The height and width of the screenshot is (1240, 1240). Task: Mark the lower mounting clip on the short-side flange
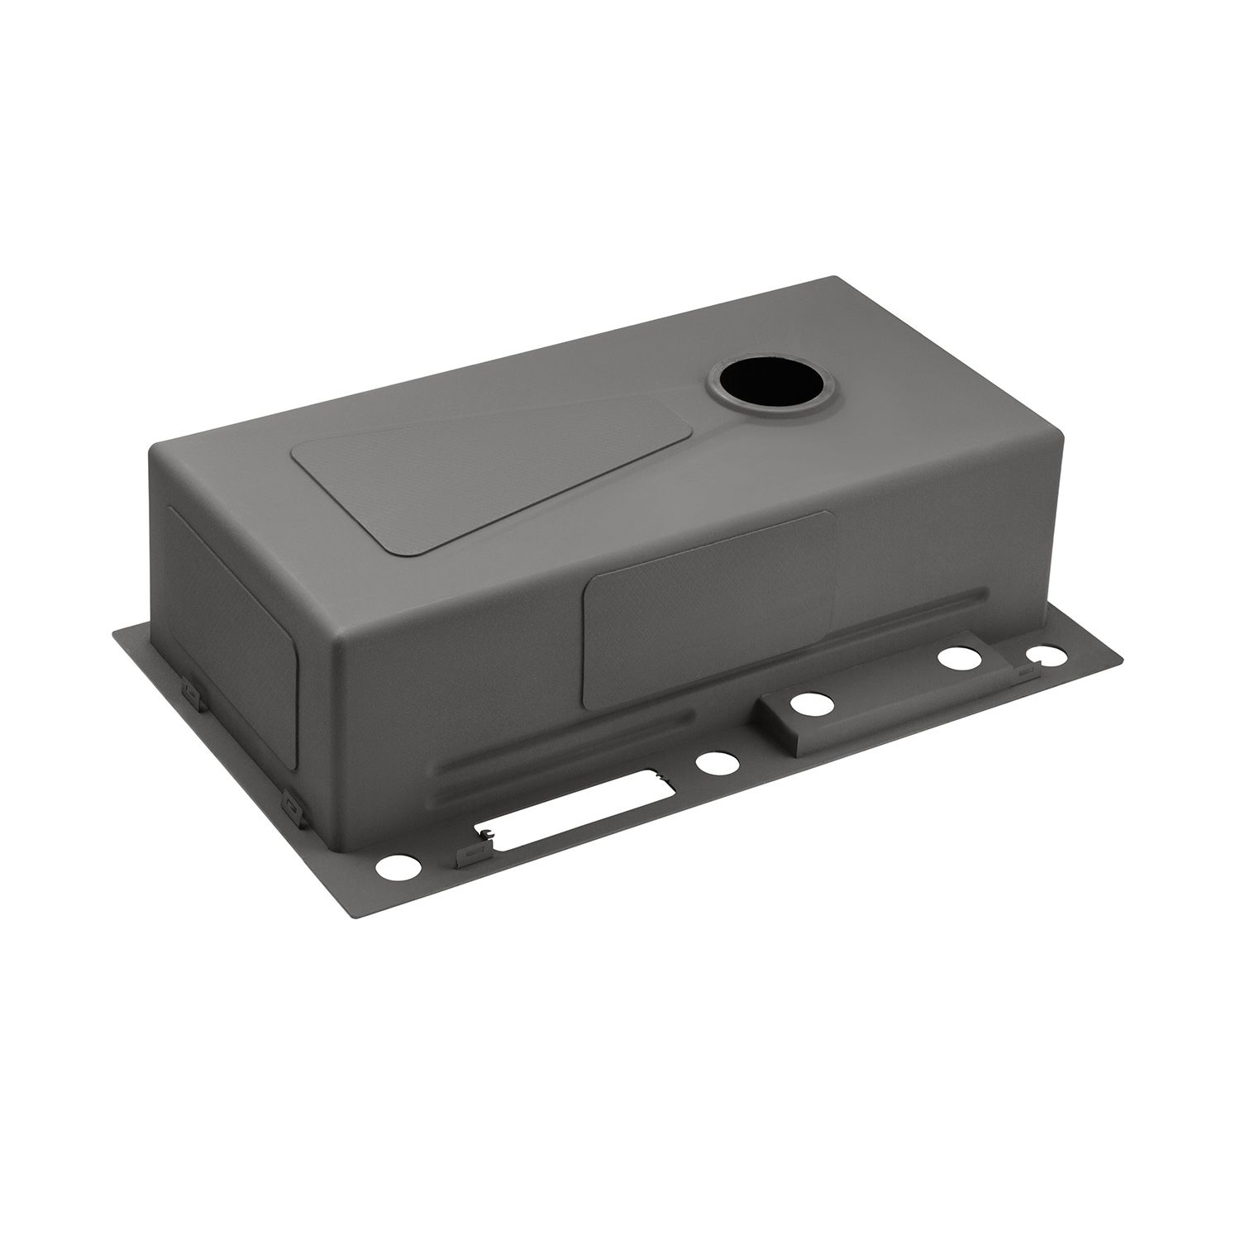(x=290, y=802)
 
